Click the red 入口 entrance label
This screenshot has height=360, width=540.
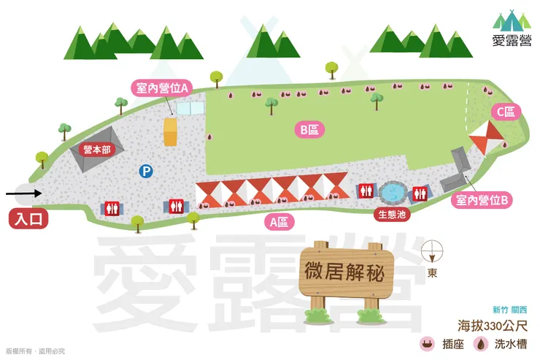tap(28, 218)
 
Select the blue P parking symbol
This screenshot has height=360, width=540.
tap(147, 172)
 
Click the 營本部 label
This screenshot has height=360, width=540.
tap(96, 149)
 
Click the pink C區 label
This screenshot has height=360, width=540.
tap(506, 111)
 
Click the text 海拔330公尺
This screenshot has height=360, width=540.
tap(493, 326)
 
